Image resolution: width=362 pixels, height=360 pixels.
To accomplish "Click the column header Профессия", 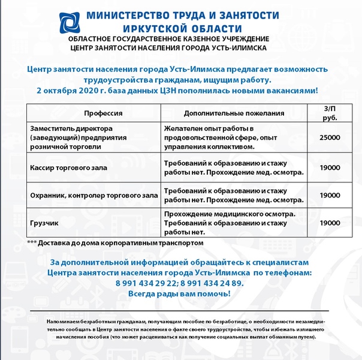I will point(103,113).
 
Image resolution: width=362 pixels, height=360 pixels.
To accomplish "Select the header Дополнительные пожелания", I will point(233,113).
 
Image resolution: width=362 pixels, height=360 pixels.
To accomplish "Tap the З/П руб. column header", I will point(330,113).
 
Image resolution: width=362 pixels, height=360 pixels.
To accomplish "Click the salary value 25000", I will point(330,137).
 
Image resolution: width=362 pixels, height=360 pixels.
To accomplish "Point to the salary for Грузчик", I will point(330,223).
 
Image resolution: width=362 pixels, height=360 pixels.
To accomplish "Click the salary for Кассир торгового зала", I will point(330,167).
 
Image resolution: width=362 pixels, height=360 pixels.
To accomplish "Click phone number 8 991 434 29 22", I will point(149,283).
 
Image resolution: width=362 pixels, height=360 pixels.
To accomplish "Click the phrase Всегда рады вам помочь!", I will point(180,294).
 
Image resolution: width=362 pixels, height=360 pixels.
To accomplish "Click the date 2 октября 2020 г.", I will point(72,90).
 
